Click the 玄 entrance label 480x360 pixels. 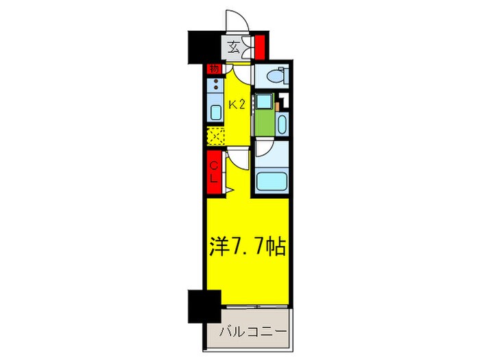233,47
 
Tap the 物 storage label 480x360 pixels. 213,69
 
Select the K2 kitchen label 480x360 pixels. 237,105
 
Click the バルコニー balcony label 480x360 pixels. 252,335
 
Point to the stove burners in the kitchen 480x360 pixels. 215,87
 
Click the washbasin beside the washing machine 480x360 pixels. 282,124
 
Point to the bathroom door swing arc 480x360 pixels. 264,149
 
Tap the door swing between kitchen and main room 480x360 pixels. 237,160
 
